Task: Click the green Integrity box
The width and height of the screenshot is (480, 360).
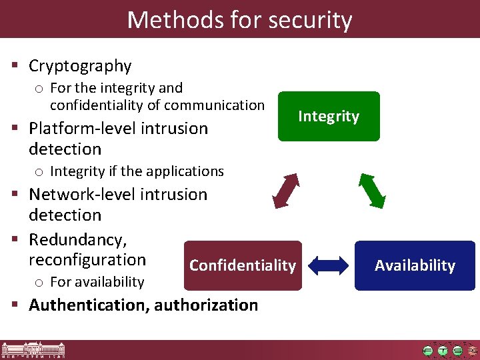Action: [329, 117]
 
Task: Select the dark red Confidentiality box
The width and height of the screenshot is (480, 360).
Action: [243, 265]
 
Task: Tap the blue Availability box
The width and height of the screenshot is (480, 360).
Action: [415, 265]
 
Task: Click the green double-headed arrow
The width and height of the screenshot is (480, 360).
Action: [373, 191]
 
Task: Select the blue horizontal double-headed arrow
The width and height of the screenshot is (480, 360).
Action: [329, 265]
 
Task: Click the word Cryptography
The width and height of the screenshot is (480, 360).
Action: [80, 66]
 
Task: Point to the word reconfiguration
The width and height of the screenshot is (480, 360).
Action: [87, 259]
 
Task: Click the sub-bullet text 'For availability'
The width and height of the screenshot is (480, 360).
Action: [97, 282]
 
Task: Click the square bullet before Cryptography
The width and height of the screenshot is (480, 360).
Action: [14, 66]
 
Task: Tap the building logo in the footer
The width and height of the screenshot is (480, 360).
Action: [27, 350]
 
